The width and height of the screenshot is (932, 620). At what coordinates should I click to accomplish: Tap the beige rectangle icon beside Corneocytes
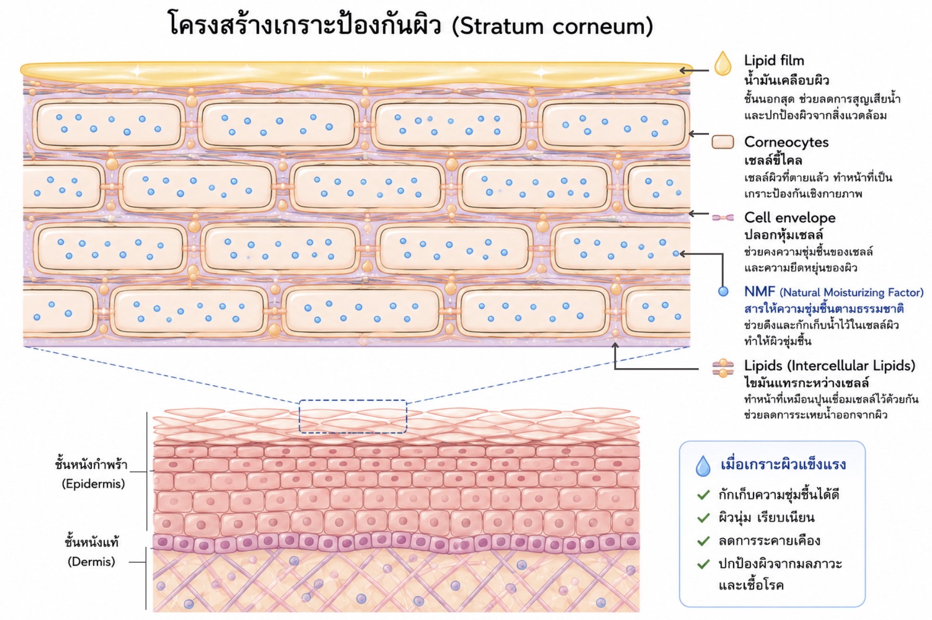tap(722, 142)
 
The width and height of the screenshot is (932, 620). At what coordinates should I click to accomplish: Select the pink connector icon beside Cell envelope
tap(722, 218)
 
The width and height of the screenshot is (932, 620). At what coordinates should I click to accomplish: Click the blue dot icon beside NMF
tap(723, 291)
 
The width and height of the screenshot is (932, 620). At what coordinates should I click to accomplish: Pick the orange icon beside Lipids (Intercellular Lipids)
tap(723, 368)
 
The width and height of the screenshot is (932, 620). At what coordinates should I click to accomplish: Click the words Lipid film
tap(774, 61)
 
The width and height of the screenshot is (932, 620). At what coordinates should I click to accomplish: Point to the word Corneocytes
tap(786, 142)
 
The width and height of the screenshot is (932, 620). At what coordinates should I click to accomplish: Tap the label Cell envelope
tap(790, 218)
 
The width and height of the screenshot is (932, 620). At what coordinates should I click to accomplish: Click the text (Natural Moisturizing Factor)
tap(852, 292)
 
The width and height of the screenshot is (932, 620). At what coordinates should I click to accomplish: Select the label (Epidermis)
tap(93, 484)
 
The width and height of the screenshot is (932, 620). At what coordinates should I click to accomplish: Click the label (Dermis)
tap(91, 562)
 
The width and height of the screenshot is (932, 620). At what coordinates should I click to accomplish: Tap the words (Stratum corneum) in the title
tap(552, 26)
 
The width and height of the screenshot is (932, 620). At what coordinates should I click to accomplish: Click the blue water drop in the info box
tap(703, 466)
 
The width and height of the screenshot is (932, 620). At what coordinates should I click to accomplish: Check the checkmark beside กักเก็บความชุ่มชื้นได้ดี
tap(704, 495)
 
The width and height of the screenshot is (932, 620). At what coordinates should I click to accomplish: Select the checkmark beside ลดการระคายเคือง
tap(704, 541)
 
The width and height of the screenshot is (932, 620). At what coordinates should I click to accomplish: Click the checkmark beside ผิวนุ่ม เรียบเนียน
tap(704, 518)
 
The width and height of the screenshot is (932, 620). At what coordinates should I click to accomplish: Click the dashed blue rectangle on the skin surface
tap(353, 400)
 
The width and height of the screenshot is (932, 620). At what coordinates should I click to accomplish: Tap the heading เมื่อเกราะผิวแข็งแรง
tap(783, 464)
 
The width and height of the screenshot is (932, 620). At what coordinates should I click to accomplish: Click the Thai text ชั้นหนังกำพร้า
tap(91, 464)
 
